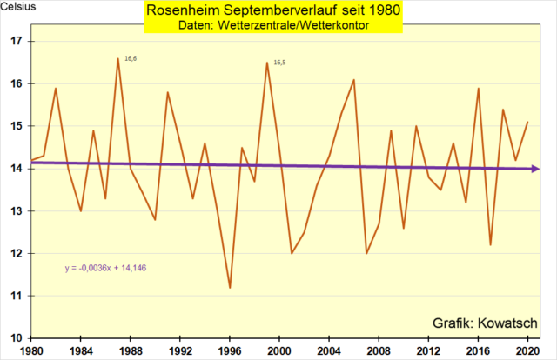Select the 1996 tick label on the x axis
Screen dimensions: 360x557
coord(230,350)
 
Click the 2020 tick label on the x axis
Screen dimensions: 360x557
coord(527,350)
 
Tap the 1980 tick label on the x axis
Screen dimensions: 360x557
coord(31,350)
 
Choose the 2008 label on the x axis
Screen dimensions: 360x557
coord(378,350)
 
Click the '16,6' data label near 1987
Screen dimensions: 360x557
coord(131,58)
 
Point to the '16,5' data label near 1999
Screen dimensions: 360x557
coord(279,63)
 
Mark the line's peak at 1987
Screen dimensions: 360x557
coord(117,58)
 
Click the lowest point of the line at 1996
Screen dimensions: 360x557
coord(230,287)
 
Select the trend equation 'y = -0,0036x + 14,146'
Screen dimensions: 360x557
coord(105,267)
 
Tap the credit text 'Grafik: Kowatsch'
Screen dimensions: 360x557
coord(483,323)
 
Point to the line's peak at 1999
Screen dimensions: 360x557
coord(266,63)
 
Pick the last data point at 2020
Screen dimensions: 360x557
coord(527,123)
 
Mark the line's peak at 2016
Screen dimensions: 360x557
coord(478,88)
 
